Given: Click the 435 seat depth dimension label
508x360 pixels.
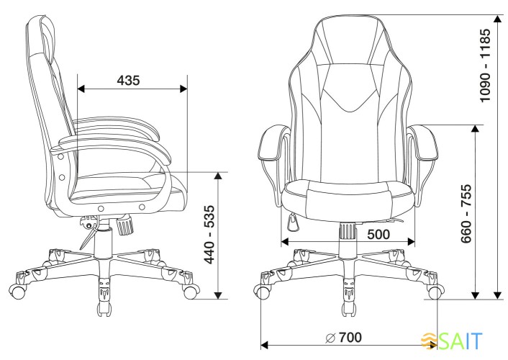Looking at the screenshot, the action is click(128, 81).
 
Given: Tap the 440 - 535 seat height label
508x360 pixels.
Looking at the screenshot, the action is click(209, 235).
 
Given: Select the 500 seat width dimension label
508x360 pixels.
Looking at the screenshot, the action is click(378, 234).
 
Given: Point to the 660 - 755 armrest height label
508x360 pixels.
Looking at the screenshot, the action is click(466, 214).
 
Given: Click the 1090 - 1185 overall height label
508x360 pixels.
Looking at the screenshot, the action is click(486, 66).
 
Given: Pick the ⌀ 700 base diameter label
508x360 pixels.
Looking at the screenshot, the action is click(343, 337).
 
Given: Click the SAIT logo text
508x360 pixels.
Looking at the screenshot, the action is click(461, 341).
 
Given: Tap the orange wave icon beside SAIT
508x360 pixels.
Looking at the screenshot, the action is click(429, 341).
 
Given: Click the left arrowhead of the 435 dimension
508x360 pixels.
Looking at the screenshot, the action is click(81, 89).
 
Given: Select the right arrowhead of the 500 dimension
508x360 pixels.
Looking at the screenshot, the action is click(411, 242).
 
